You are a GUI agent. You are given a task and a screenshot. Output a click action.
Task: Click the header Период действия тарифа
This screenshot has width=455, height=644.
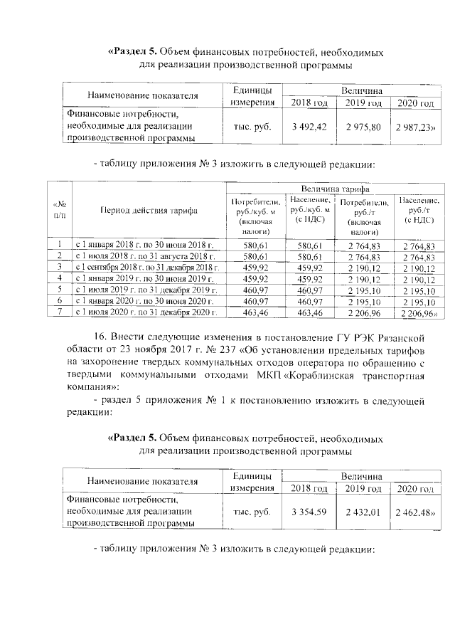pos(149,211)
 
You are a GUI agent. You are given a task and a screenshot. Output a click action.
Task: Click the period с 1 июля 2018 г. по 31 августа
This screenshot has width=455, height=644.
pos(145,255)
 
